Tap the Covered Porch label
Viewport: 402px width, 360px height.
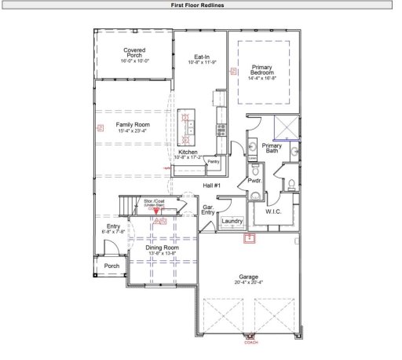tap(133, 53)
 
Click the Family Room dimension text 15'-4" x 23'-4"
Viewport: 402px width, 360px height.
tap(133, 130)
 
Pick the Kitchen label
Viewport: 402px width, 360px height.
tap(188, 152)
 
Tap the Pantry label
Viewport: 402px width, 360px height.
tap(212, 161)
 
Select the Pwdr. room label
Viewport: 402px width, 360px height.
tap(254, 181)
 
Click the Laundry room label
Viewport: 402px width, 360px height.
tap(232, 221)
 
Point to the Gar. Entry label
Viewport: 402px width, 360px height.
tap(208, 210)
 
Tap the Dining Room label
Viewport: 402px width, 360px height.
tap(163, 248)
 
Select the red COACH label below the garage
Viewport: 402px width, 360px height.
tap(251, 342)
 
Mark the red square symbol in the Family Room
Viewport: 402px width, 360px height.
tap(99, 127)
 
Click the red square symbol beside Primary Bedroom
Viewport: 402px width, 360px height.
tap(232, 71)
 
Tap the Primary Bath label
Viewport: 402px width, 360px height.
tap(272, 147)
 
